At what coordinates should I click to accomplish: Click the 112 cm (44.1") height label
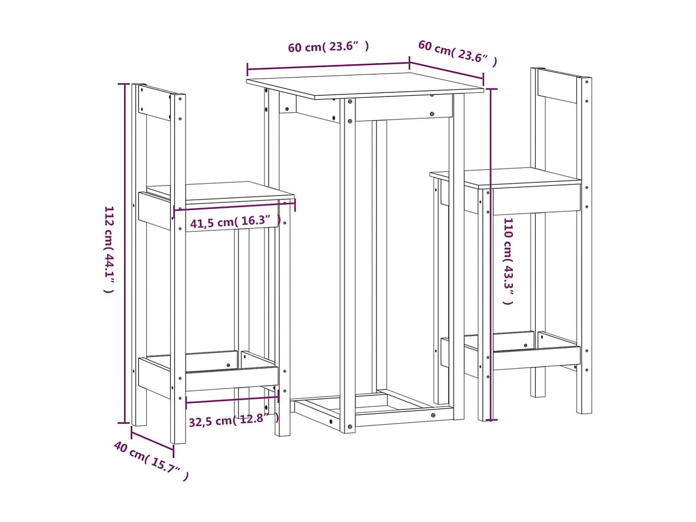109,250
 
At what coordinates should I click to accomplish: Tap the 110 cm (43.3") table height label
508,261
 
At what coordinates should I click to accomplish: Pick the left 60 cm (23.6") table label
328,47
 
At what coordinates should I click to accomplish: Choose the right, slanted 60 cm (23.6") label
457,52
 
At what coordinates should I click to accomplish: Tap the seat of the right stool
504,176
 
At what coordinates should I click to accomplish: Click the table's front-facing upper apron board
403,108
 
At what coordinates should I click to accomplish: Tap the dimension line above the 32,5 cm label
232,399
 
